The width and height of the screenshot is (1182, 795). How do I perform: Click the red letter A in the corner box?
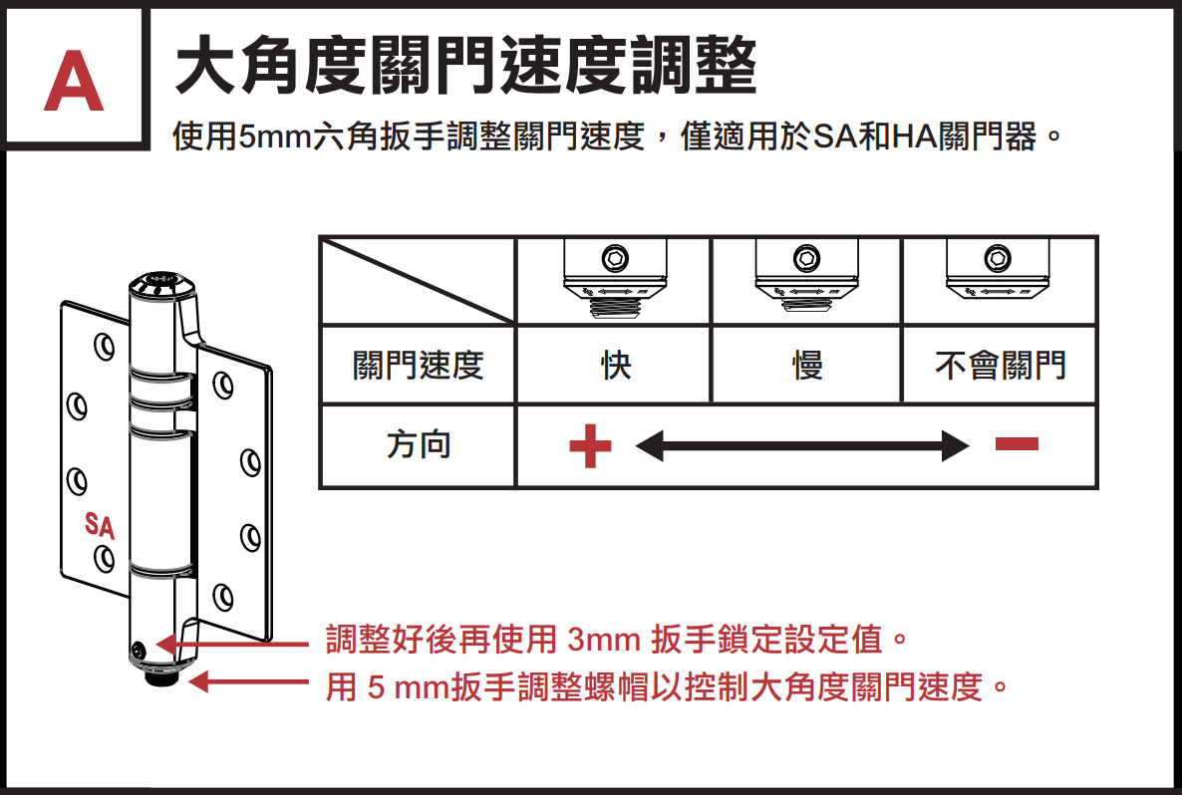73,82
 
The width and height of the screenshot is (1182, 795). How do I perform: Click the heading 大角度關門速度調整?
465,66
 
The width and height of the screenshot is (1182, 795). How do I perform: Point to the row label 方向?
419,444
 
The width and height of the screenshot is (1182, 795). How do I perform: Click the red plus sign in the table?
590,445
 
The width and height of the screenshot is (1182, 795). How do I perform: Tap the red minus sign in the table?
1017,444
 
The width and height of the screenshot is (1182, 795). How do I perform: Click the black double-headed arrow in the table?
802,445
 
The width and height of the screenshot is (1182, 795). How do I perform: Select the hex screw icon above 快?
615,258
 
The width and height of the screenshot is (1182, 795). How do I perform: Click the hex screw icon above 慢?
806,258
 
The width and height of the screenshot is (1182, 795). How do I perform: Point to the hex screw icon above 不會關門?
998,258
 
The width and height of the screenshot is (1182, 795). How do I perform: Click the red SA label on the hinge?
100,526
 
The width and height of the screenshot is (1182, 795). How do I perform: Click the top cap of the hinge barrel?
161,284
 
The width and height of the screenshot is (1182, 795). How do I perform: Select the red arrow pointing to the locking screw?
231,645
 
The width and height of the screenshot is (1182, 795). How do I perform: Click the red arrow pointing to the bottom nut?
248,682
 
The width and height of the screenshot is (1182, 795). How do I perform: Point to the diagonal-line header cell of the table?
419,281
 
